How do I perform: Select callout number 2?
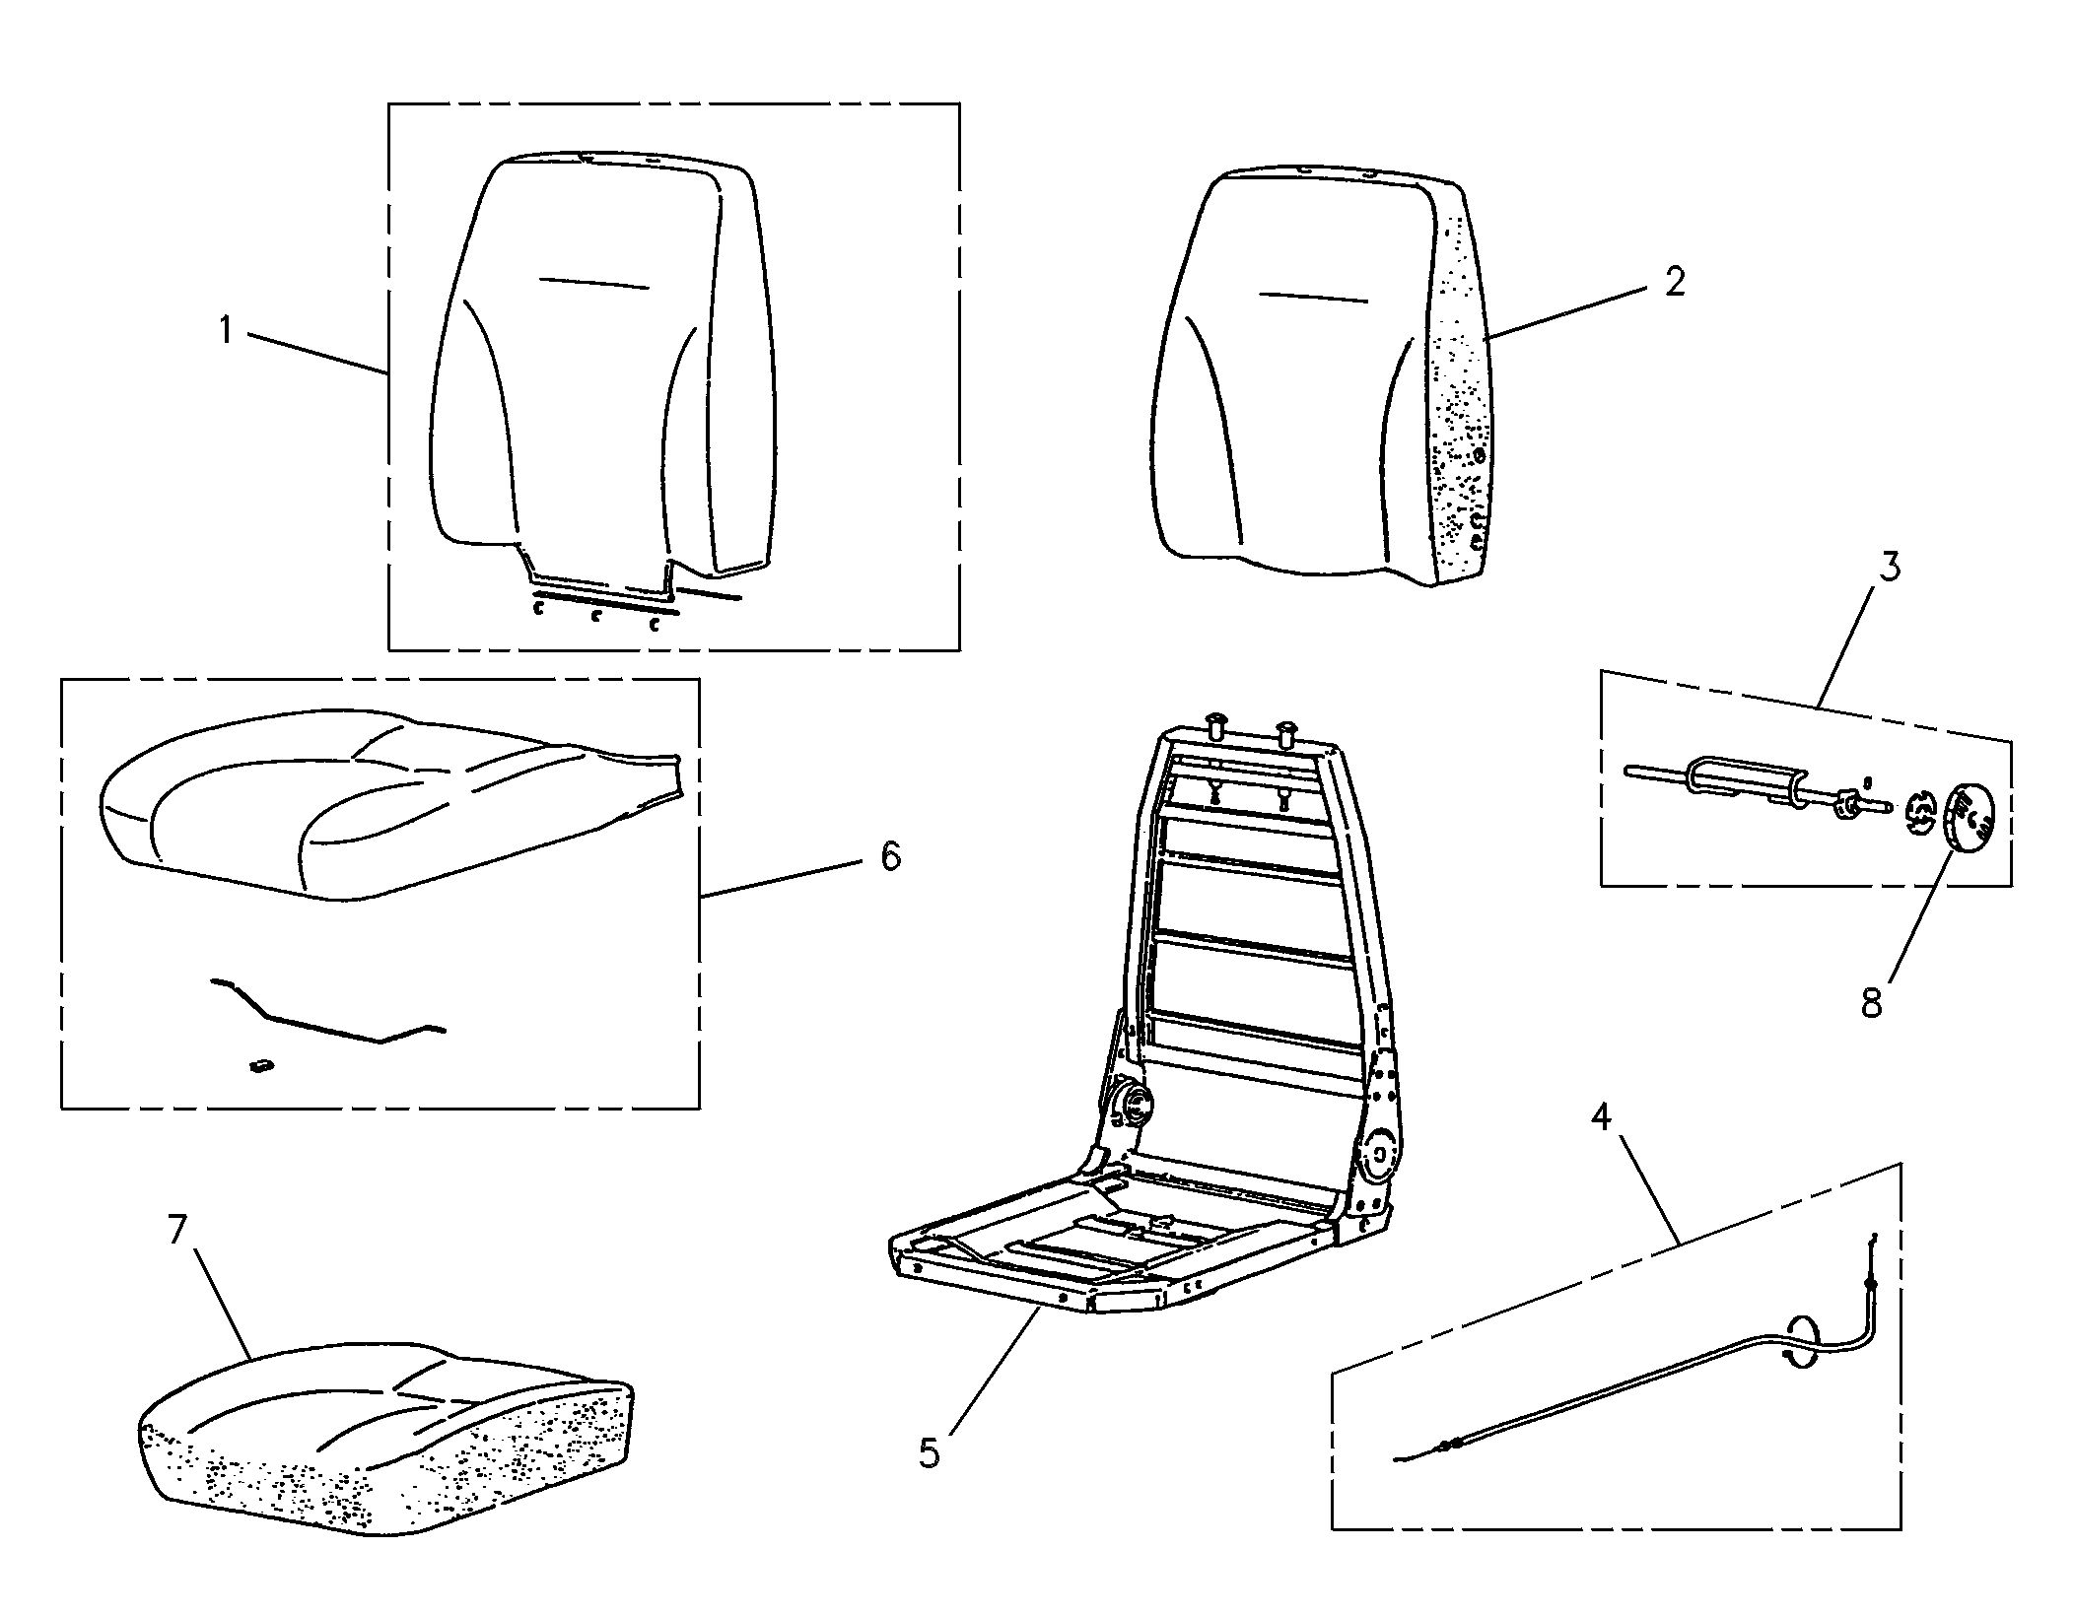pos(1675,282)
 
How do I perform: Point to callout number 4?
pos(1602,1117)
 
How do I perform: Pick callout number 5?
pos(930,1452)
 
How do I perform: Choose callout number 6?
pos(890,856)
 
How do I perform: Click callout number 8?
pos(1871,1002)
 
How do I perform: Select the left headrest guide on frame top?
pos(1213,733)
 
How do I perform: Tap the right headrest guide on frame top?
pos(1287,734)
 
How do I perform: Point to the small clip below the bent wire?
pos(260,1065)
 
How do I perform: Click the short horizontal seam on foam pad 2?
pos(1314,296)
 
